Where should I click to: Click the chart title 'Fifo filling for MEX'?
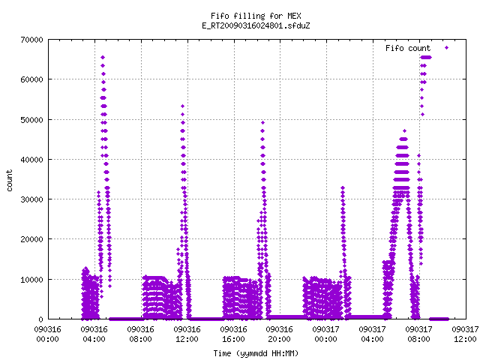(256, 16)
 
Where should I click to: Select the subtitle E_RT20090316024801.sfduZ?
(256, 25)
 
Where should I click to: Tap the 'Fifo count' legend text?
(408, 48)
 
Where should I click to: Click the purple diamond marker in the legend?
(447, 48)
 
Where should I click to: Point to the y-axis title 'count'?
(9, 181)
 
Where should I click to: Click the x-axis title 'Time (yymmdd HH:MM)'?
(256, 353)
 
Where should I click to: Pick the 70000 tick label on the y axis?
(31, 40)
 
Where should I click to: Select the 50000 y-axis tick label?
(31, 120)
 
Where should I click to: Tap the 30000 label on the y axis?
(31, 199)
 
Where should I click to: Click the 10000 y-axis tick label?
(31, 280)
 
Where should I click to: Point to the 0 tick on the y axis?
(40, 319)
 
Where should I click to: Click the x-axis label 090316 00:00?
(47, 334)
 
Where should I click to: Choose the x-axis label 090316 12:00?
(187, 334)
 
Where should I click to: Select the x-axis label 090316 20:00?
(280, 334)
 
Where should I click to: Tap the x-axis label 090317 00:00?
(326, 334)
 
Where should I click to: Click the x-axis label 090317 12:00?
(465, 334)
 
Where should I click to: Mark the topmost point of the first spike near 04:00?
(103, 57)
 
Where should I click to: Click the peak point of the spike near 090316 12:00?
(183, 106)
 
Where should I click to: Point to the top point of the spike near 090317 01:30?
(343, 187)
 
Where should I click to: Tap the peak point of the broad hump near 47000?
(404, 130)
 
